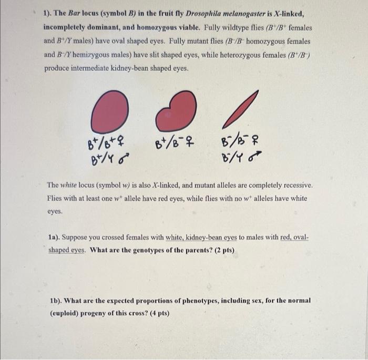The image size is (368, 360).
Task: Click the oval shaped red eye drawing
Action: pyautogui.click(x=109, y=112)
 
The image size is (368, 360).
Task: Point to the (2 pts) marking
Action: pyautogui.click(x=224, y=250)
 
